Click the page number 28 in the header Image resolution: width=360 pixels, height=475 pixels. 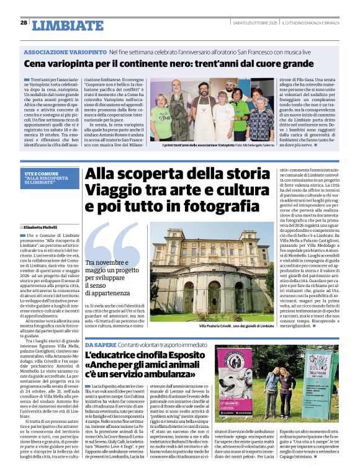24,22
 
